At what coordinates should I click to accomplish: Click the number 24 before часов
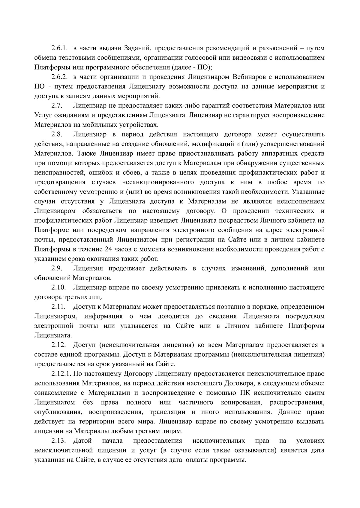tap(109, 249)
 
